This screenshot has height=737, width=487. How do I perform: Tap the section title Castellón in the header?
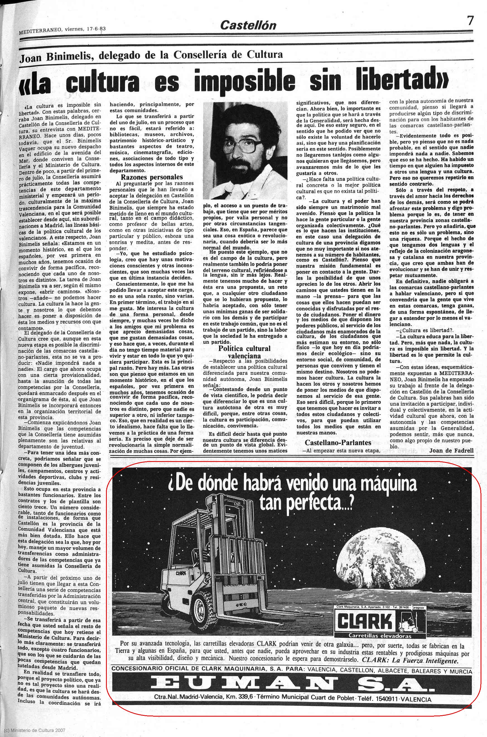click(x=248, y=25)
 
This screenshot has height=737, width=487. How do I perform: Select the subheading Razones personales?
click(x=152, y=177)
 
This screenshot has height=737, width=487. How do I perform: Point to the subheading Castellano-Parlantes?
click(x=338, y=443)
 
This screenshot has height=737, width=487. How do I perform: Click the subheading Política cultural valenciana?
click(x=244, y=352)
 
